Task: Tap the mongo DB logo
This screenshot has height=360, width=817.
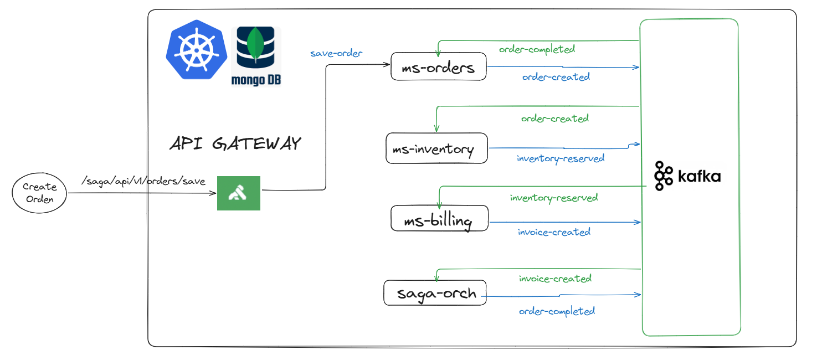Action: tap(255, 56)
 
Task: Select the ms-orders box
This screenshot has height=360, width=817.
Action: tap(439, 68)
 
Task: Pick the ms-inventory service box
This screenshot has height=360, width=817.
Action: tap(436, 148)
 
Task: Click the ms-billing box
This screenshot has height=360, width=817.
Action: tap(440, 220)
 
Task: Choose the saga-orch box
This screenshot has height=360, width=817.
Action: tap(435, 292)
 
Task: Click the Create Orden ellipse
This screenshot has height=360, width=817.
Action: tap(39, 193)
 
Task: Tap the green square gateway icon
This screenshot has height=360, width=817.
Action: tap(239, 193)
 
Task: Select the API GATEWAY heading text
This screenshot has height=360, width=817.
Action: tap(235, 144)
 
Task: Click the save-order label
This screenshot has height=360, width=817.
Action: tap(336, 54)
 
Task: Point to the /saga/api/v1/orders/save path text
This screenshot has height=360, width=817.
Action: tap(143, 181)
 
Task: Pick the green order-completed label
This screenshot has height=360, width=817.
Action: tap(537, 49)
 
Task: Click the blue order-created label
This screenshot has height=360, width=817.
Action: tap(556, 77)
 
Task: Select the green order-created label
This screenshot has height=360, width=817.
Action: tap(554, 119)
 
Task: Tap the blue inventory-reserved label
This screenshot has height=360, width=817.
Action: tap(560, 158)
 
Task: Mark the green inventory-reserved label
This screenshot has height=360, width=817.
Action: tap(553, 198)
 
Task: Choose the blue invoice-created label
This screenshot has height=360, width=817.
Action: tap(554, 232)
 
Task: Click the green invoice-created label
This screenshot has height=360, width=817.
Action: tap(555, 279)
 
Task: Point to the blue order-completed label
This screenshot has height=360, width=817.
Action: tap(557, 311)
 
